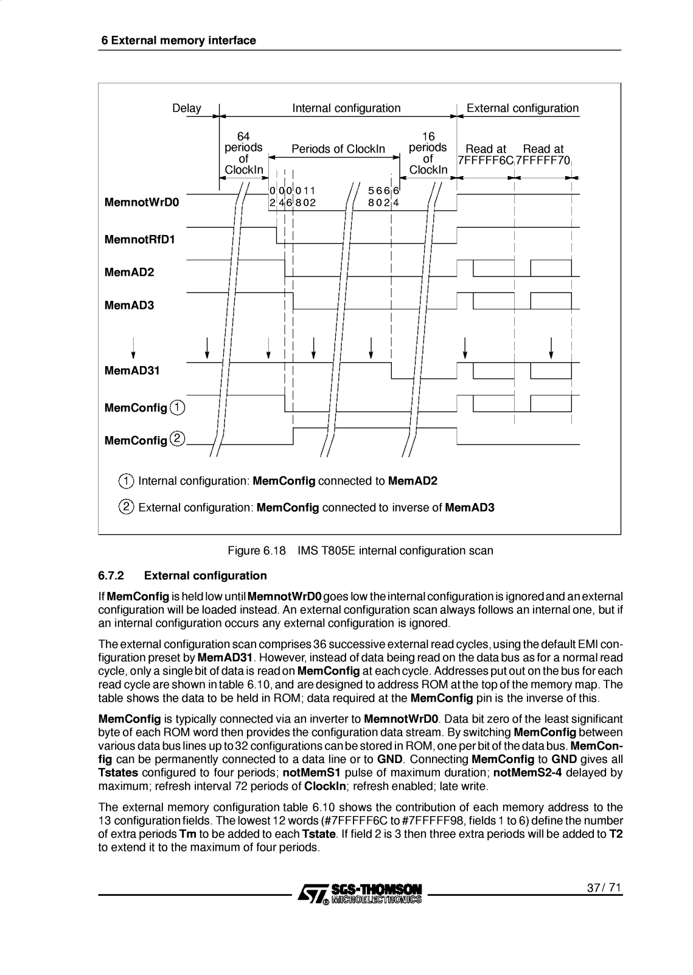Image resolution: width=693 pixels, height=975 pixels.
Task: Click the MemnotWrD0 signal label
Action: click(x=142, y=202)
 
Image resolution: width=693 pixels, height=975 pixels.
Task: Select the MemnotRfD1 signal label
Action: click(x=140, y=239)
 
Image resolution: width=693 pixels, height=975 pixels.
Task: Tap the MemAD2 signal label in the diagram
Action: click(x=130, y=272)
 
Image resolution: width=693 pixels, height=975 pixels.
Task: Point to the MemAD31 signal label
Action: click(x=132, y=370)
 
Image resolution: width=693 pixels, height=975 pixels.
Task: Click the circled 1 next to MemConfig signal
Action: click(x=178, y=407)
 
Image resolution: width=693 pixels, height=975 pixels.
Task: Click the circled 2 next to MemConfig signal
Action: click(x=178, y=438)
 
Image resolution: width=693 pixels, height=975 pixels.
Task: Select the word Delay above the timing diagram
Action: click(x=186, y=108)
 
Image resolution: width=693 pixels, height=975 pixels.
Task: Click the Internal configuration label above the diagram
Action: click(x=346, y=108)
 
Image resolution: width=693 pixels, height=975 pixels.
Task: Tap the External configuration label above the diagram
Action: click(x=523, y=108)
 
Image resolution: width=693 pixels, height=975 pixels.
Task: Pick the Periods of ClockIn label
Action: click(x=338, y=149)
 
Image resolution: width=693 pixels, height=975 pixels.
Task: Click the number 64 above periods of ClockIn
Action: click(x=243, y=136)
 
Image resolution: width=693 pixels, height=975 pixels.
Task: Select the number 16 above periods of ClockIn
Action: click(x=428, y=136)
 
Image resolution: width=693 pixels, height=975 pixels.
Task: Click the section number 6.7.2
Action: click(x=111, y=575)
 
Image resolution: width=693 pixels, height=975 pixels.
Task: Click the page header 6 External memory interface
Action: click(x=178, y=41)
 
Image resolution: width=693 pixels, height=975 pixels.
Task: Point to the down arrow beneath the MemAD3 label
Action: click(x=133, y=348)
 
